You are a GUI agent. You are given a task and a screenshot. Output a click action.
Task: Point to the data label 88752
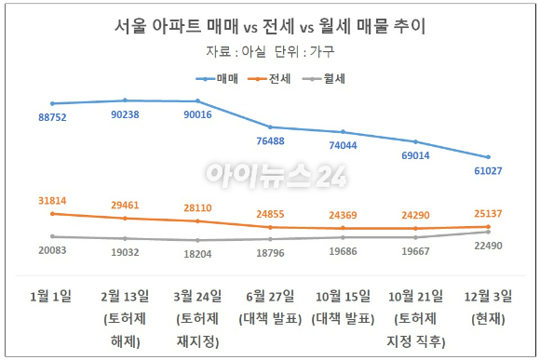54,118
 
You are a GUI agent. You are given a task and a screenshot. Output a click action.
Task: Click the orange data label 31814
54,201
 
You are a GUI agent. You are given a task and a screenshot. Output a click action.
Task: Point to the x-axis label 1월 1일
52,297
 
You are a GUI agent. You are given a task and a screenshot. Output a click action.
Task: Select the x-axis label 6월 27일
270,297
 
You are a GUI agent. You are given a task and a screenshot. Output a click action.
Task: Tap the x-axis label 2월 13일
125,297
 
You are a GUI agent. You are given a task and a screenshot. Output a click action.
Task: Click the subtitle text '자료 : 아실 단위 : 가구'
269,52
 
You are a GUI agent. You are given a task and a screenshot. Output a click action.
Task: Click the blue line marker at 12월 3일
486,157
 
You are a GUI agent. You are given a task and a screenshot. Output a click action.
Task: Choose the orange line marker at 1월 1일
53,214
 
